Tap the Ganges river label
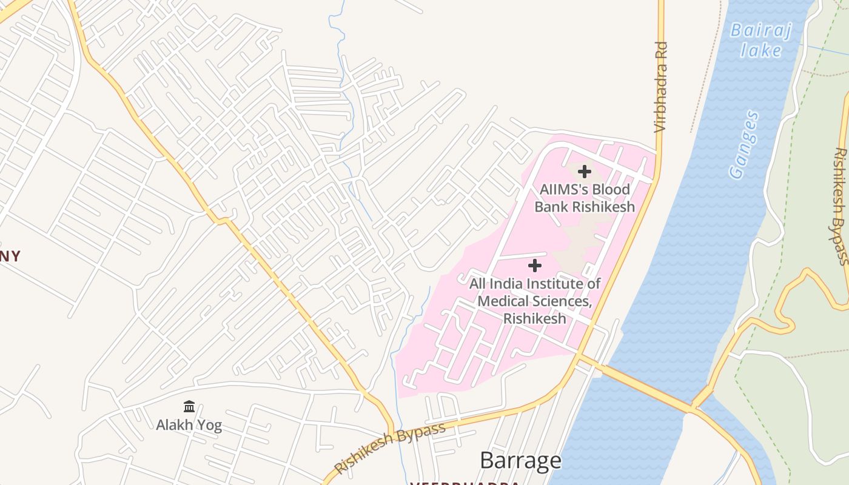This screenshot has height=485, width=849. click(x=745, y=145)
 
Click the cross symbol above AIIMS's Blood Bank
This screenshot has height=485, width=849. click(x=585, y=172)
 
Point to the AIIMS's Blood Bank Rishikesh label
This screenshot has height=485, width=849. click(x=585, y=198)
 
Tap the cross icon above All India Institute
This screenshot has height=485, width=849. click(x=535, y=266)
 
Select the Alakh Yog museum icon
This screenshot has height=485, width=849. click(x=189, y=406)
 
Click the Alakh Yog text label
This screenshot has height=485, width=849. click(x=189, y=425)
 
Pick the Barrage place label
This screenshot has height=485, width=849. click(x=520, y=461)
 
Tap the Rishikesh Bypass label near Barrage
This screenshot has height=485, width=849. click(x=390, y=448)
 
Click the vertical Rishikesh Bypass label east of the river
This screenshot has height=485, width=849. click(x=841, y=206)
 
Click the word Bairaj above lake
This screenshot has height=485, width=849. click(x=761, y=30)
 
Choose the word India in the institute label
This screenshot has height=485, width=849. click(x=508, y=284)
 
